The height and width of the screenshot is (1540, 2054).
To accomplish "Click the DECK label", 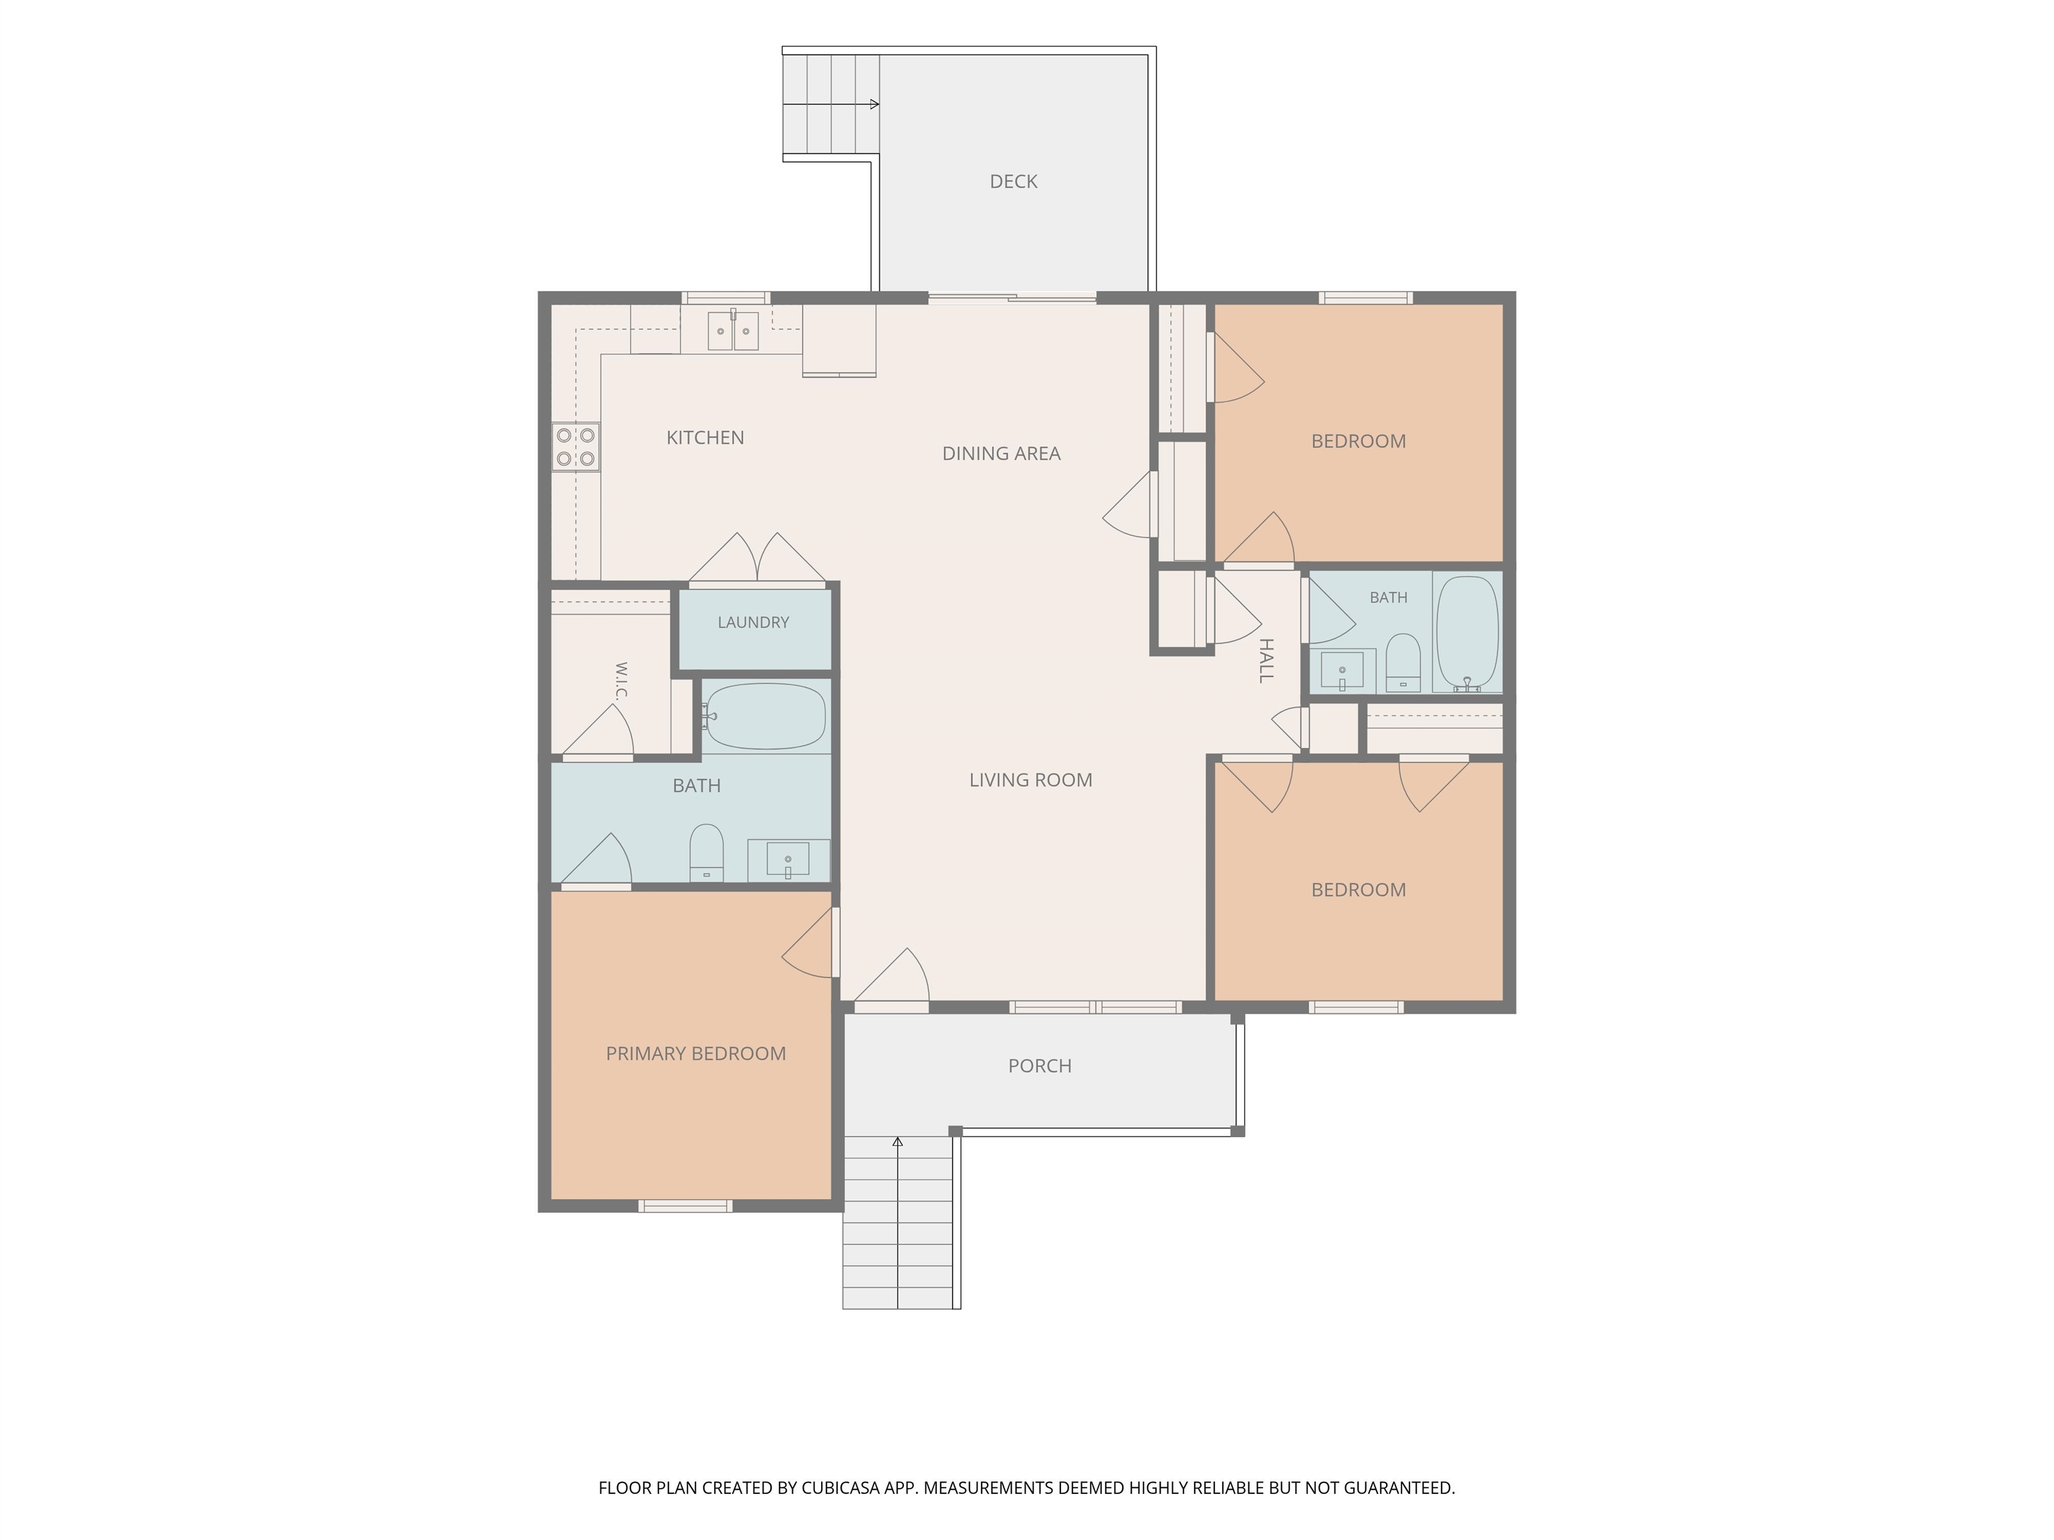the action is pos(1013,182).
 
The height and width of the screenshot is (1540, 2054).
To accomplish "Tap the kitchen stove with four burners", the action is pos(576,446).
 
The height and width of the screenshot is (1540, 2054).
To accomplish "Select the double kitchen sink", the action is pos(733,330).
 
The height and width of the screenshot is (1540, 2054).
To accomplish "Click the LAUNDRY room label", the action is pos(753,623).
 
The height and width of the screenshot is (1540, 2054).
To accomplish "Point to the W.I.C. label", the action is pos(621,680).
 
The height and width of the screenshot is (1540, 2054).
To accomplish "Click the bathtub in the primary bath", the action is pos(764,717).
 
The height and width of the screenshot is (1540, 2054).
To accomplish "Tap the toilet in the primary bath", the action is pos(707,852).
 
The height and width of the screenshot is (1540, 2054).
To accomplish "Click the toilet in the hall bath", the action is pos(1402,663).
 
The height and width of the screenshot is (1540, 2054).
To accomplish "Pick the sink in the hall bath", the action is pos(1342,669).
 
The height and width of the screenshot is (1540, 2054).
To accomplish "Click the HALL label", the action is pos(1266,661).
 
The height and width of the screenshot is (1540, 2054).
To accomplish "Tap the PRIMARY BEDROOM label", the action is pos(695,1053).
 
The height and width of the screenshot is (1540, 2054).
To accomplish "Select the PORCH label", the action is pos(1040,1067).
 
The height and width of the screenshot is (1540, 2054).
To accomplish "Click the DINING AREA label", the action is pos(1001,454).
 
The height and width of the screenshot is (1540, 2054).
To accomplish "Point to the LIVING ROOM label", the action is pos(1031,781).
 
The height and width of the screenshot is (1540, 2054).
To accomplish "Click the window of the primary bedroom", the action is pos(685,1206).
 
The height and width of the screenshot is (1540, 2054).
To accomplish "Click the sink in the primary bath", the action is pos(788,860).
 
